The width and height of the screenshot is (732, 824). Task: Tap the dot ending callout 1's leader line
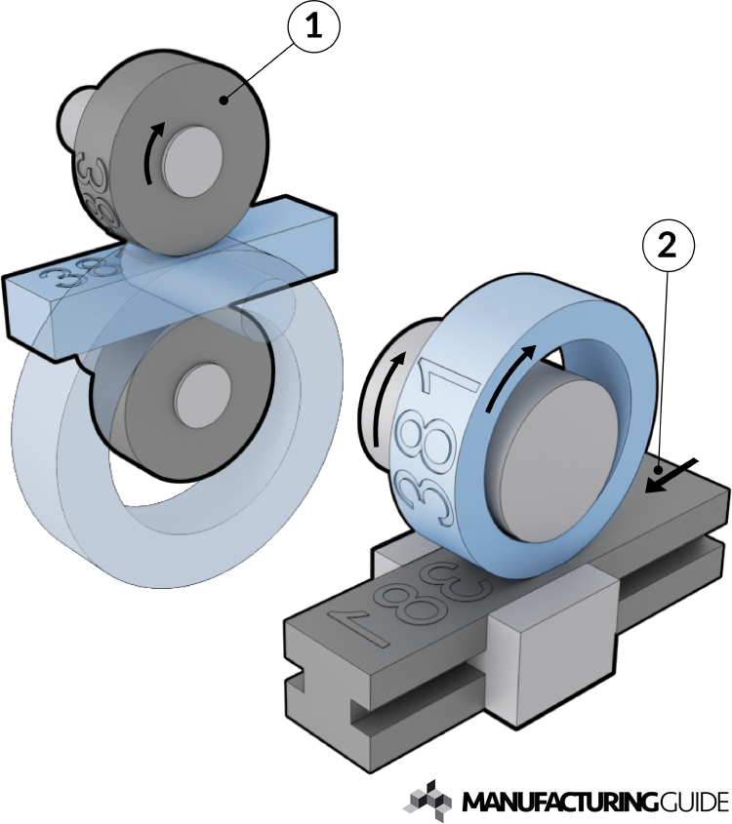click(x=224, y=99)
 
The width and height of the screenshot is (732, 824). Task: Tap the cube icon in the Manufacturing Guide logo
click(x=430, y=799)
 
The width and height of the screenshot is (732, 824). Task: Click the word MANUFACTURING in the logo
click(x=554, y=803)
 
